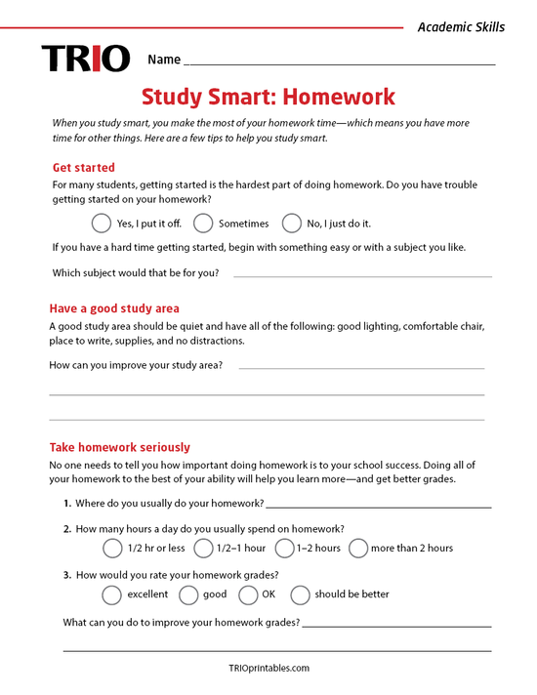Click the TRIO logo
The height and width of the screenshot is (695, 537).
(x=85, y=60)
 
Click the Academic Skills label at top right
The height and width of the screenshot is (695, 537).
(x=461, y=27)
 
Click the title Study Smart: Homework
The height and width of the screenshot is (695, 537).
(x=268, y=97)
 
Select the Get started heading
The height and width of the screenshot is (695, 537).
(x=83, y=167)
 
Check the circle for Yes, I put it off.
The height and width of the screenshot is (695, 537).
(x=102, y=223)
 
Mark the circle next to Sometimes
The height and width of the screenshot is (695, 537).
(x=203, y=223)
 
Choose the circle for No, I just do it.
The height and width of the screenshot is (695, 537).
(x=292, y=223)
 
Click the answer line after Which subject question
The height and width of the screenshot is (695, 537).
(x=361, y=275)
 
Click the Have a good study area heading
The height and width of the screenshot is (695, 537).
(x=113, y=308)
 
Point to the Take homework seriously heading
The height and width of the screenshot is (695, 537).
(x=119, y=447)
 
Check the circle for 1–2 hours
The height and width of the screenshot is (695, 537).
(x=284, y=548)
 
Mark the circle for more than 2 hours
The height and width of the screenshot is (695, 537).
(x=358, y=548)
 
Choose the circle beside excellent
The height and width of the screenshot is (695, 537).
(x=112, y=594)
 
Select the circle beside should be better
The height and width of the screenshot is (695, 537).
(x=301, y=594)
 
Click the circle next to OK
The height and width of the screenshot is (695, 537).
(x=248, y=594)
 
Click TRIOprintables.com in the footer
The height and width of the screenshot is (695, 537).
(x=268, y=669)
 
